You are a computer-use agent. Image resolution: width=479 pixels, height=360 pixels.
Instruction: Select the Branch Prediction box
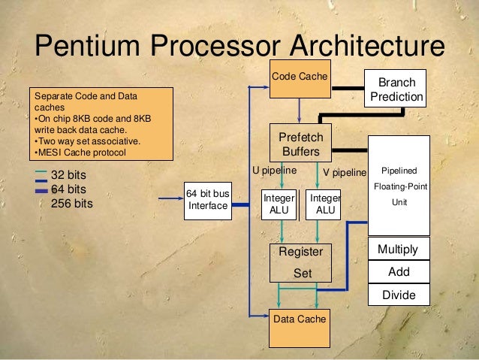396,89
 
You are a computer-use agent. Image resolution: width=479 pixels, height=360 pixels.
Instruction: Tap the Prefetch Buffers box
300,144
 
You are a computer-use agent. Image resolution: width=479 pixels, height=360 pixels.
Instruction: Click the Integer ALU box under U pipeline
279,204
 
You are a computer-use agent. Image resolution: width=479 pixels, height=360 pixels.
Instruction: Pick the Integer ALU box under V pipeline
325,204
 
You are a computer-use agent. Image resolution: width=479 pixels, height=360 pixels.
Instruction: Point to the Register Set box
301,262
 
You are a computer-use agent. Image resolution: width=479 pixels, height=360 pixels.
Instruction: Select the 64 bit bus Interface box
207,200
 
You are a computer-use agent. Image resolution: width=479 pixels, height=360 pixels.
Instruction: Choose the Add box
399,272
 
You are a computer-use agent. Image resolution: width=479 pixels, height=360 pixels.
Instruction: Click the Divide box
399,295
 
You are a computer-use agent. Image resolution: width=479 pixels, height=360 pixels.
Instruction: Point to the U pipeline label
274,171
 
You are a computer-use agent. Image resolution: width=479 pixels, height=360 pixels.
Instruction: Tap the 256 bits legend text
72,203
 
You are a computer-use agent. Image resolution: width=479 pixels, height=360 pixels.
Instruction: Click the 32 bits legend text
69,176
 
